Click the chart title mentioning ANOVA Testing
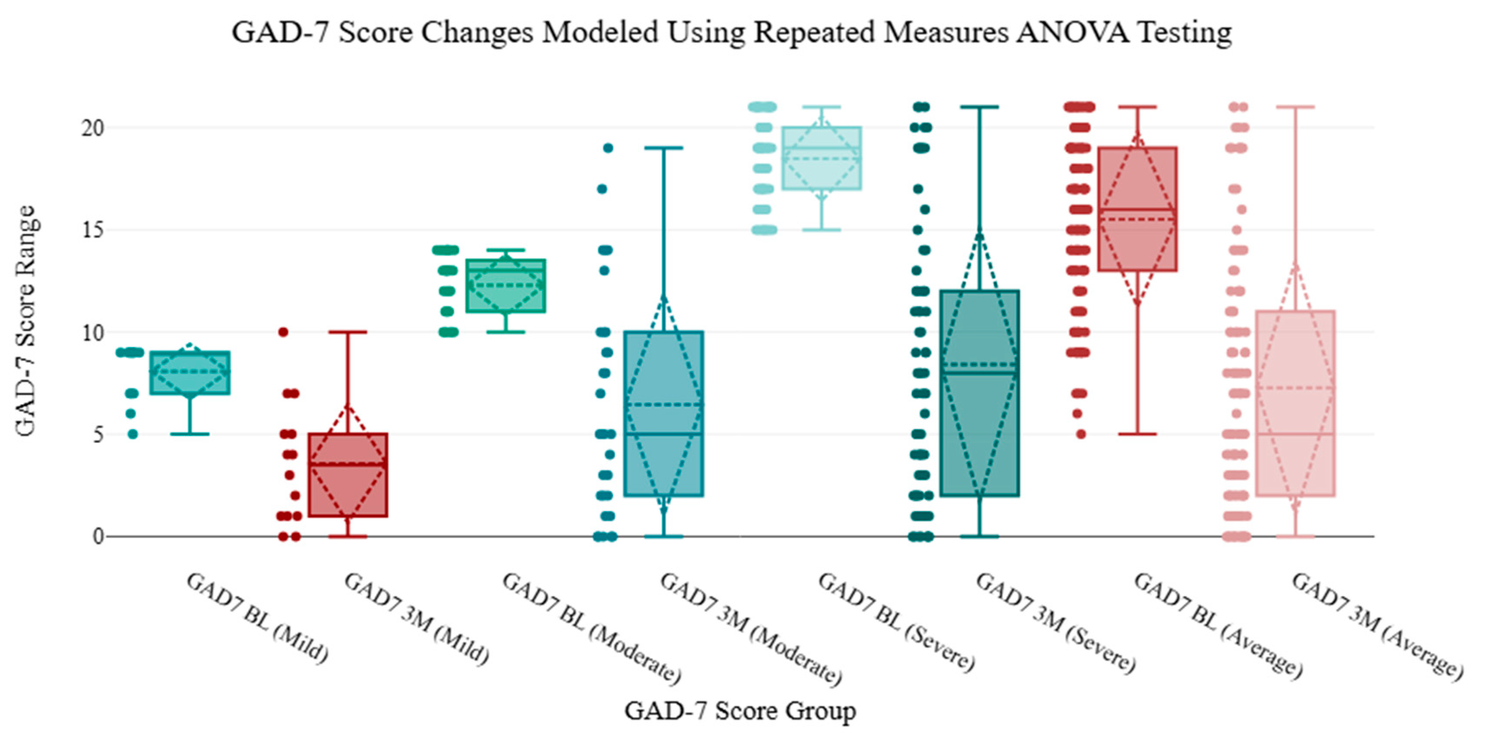tap(731, 32)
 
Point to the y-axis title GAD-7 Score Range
tap(26, 321)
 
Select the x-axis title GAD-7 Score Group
tap(740, 710)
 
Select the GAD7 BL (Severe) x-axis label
tap(896, 621)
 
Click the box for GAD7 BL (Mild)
tap(190, 373)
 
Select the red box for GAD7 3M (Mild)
tap(348, 475)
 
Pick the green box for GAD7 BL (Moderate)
tap(506, 286)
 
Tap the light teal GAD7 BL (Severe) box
tap(821, 158)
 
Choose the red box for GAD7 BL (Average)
tap(1137, 209)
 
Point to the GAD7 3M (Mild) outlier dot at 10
tap(283, 332)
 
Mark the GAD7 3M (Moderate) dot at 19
tap(608, 148)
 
